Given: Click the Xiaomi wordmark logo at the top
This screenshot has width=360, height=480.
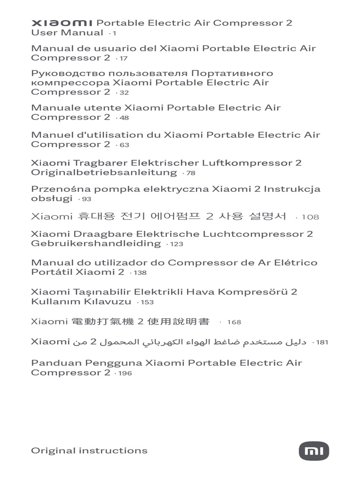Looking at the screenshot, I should pos(62,23).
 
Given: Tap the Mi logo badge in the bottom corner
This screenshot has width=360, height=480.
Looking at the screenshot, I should pos(314,451).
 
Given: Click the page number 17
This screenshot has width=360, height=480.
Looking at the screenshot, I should pos(123,59).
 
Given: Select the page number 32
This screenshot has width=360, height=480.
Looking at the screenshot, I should pos(124,93).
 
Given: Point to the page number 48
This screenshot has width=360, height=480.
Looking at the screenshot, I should pos(124,118).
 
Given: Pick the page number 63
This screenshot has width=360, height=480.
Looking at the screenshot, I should pos(124,145).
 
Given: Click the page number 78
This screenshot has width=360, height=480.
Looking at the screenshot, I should pos(190,173).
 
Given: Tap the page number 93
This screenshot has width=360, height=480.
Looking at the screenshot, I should pos(86,200).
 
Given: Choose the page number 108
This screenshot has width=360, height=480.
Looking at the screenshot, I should pos(310,217).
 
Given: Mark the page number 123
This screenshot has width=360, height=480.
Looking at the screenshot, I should pos(177,244).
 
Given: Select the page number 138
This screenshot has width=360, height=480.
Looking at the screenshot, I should pos(140,273).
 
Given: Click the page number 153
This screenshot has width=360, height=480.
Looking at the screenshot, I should pos(147,303).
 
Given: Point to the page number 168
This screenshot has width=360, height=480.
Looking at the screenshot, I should pos(234,322).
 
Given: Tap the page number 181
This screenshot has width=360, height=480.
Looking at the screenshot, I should pos(322,343).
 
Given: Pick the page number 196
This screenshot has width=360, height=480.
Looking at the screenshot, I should pos(125,374).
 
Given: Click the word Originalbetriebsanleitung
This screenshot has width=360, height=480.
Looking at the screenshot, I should pos(104,172).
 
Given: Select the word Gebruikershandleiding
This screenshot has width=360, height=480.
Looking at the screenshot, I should pos(96,243).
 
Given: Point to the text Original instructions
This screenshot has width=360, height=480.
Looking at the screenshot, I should pos(89,450).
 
